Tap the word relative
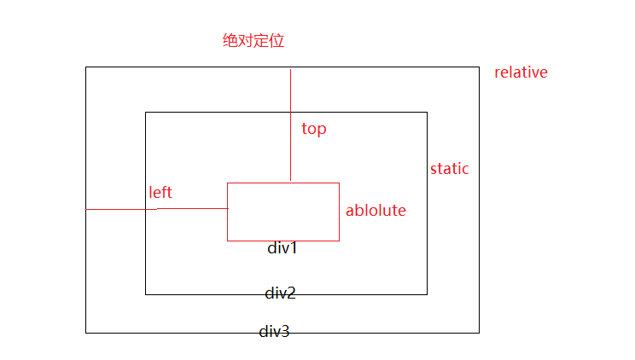click(x=521, y=73)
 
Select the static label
click(x=450, y=169)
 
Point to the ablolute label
click(x=376, y=211)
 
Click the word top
click(x=314, y=130)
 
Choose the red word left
click(x=160, y=193)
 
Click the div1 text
click(x=283, y=249)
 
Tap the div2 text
click(x=280, y=293)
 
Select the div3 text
click(x=274, y=332)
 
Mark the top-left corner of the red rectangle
click(x=228, y=183)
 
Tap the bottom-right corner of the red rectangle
click(x=339, y=241)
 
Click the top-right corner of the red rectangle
click(x=339, y=183)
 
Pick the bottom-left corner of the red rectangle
click(x=228, y=241)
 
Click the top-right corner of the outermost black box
click(x=479, y=67)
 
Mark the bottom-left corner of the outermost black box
click(x=86, y=333)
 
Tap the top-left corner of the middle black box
click(x=146, y=112)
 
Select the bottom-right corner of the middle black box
click(x=427, y=294)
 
